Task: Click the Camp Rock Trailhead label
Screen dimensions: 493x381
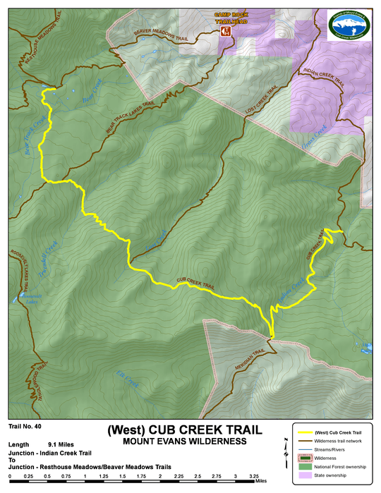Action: [226, 18]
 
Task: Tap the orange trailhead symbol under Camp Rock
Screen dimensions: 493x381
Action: [226, 32]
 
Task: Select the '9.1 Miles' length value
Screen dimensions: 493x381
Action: [62, 444]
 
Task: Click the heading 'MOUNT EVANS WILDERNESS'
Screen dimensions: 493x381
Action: [184, 442]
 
